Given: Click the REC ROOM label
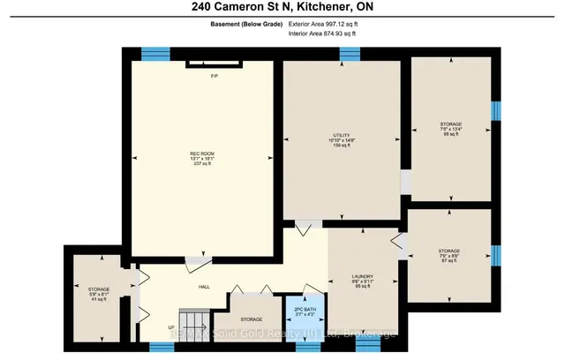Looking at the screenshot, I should [202, 158].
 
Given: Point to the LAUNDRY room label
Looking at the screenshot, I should [363, 281].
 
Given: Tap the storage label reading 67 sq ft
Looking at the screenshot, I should [449, 256].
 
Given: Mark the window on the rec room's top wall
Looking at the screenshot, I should [155, 52].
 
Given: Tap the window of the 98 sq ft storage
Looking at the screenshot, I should [496, 111].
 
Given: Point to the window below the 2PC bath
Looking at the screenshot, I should [306, 348].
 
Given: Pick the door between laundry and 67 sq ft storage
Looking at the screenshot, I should [397, 244].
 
